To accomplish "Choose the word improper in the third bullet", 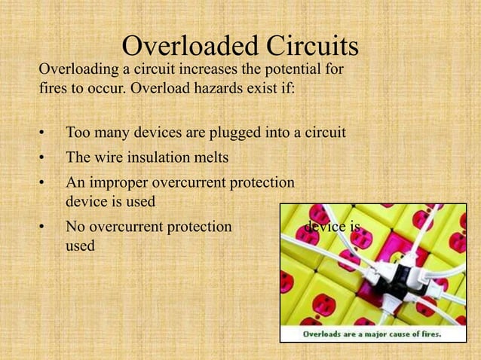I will point(119,183).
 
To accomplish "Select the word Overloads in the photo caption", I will point(324,333).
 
